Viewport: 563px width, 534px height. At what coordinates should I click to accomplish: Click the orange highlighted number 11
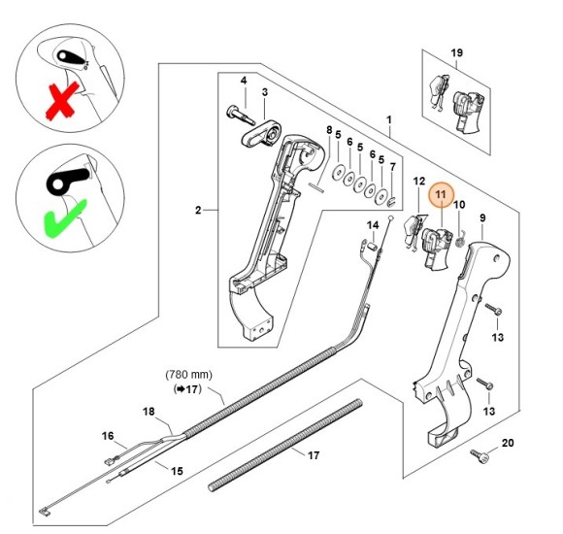[x=441, y=194]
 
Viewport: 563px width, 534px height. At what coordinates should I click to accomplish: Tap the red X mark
[x=62, y=101]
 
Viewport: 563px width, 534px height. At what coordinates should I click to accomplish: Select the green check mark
[x=64, y=218]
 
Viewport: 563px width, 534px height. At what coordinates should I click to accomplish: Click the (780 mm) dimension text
[x=189, y=375]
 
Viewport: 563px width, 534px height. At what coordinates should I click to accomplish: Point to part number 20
[x=508, y=443]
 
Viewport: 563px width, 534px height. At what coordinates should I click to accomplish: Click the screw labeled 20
[x=480, y=455]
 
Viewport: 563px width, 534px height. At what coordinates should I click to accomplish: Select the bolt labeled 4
[x=240, y=115]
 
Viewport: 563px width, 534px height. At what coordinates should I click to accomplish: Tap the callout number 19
[x=457, y=52]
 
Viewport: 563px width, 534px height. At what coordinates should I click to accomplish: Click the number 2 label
[x=198, y=210]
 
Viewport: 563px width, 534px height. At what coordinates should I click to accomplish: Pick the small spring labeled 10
[x=460, y=241]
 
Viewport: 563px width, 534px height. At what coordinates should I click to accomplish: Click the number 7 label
[x=393, y=167]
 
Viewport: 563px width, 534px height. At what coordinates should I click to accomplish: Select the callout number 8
[x=329, y=130]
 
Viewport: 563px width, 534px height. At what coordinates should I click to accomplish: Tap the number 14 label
[x=373, y=225]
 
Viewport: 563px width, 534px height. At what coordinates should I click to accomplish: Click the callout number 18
[x=149, y=412]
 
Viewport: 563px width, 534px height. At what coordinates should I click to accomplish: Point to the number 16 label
[x=108, y=436]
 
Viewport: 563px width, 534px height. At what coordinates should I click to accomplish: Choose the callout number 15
[x=177, y=471]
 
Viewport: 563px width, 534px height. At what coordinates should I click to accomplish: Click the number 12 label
[x=419, y=182]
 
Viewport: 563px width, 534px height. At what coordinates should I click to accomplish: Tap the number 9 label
[x=482, y=218]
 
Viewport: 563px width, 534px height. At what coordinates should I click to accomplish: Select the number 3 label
[x=265, y=92]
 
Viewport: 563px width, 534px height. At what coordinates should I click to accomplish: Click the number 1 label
[x=389, y=119]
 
